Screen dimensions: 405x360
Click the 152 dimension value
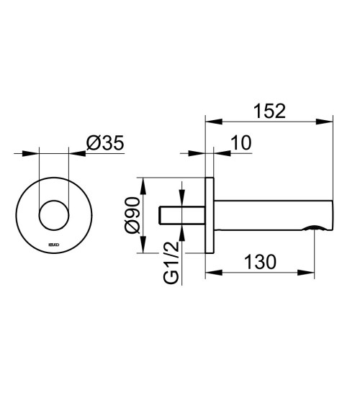(270, 112)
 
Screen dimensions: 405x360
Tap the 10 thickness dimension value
(241, 143)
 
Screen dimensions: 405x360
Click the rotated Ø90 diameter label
(130, 214)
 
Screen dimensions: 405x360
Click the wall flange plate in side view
(210, 214)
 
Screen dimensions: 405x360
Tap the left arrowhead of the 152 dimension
(210, 119)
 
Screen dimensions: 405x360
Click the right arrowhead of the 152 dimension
(330, 119)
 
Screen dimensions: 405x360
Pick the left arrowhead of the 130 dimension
(210, 273)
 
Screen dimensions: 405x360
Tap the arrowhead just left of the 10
(202, 153)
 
